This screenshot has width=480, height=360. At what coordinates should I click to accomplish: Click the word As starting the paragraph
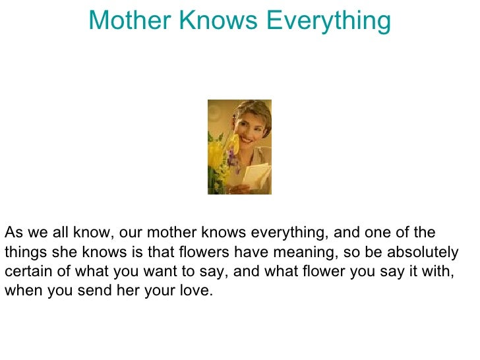coord(13,232)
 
